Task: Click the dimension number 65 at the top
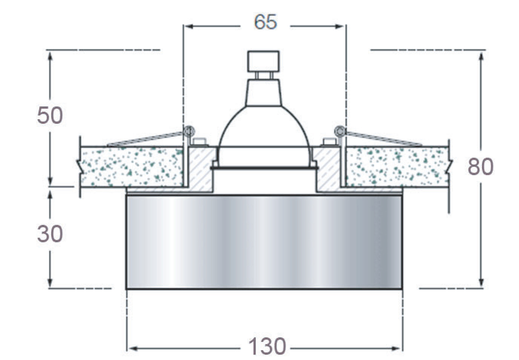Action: [x=266, y=22]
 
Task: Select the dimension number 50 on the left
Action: [x=50, y=115]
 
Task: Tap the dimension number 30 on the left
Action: [x=50, y=234]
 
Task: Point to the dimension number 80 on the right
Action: [x=481, y=167]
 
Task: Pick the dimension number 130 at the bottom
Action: [x=267, y=347]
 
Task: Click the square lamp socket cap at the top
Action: [x=263, y=61]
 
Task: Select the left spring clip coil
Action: [x=189, y=132]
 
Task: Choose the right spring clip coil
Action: [x=340, y=132]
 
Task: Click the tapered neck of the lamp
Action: [x=264, y=93]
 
